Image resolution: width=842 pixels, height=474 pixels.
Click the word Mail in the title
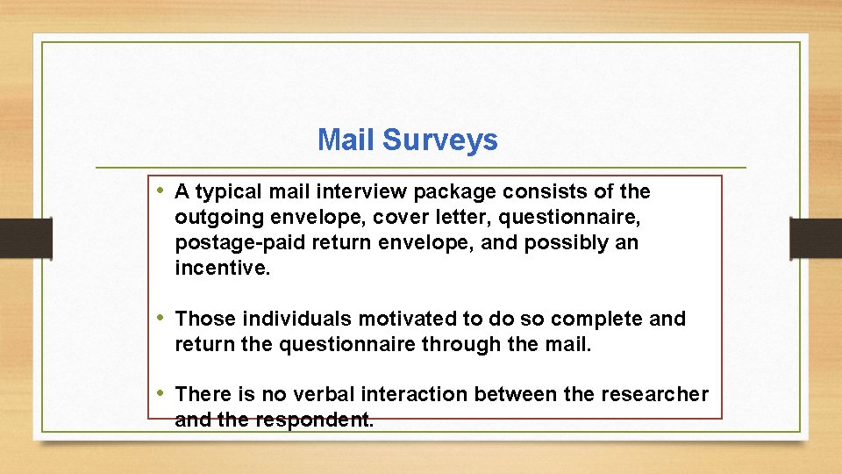346,140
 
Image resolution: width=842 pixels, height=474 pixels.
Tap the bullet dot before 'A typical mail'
162,190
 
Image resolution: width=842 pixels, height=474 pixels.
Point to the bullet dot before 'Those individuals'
162,318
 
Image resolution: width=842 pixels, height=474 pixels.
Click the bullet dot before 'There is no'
162,394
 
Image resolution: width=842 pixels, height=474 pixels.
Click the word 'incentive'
221,268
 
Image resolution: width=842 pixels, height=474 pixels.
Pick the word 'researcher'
654,395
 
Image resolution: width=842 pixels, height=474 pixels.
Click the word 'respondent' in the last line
314,420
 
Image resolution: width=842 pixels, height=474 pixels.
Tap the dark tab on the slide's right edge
815,237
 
